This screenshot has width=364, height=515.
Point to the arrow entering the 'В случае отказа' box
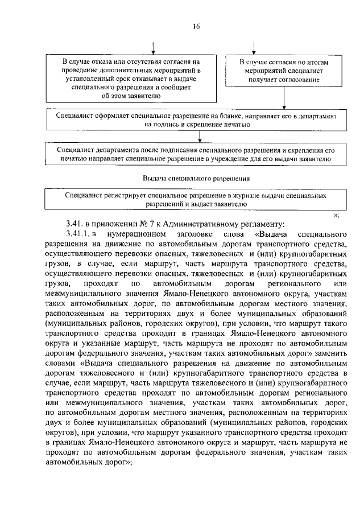(152, 46)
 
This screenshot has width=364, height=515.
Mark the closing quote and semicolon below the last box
(336, 214)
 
